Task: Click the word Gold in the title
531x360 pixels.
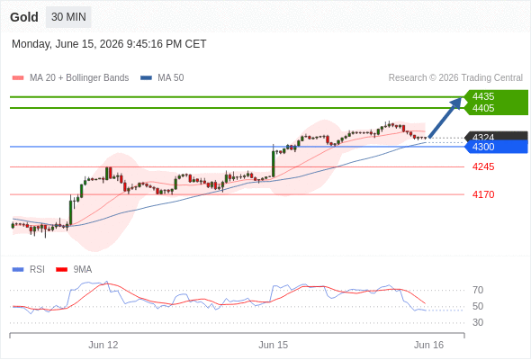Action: (x=24, y=17)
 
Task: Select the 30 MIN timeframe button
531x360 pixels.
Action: (x=68, y=17)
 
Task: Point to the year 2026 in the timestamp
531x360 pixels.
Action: (x=112, y=44)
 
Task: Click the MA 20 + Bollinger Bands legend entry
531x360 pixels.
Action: (x=70, y=78)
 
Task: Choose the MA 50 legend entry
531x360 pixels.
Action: (x=162, y=78)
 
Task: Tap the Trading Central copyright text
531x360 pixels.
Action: (x=455, y=78)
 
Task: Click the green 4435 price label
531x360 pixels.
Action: (x=483, y=96)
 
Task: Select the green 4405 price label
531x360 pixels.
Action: (x=483, y=108)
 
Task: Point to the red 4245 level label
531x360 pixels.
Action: (x=483, y=166)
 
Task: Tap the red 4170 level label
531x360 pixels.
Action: (x=483, y=194)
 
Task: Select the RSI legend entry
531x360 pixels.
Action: (x=29, y=270)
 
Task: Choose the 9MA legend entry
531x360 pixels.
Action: (x=74, y=270)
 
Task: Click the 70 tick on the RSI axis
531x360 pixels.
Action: (x=478, y=290)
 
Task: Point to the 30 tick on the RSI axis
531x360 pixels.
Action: (x=478, y=322)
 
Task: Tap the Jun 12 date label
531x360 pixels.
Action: (x=103, y=345)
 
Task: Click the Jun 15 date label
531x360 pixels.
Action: (x=274, y=345)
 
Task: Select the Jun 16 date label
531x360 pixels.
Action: (x=428, y=345)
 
